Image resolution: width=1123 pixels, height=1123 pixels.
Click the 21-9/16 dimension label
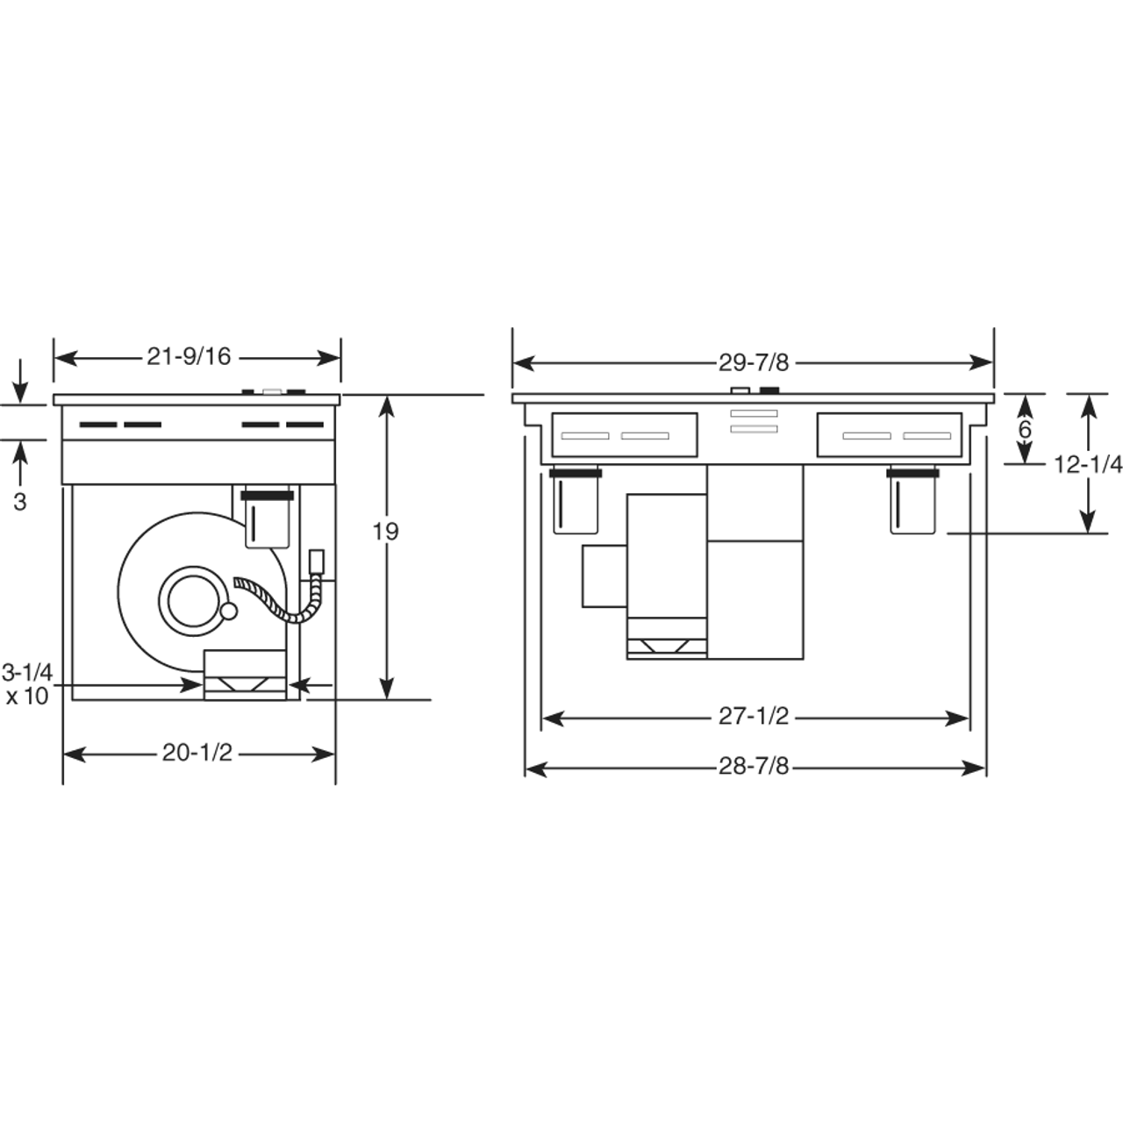coord(189,357)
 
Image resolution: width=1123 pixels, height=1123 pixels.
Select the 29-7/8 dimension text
coord(754,363)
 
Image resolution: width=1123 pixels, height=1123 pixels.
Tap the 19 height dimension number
coord(385,532)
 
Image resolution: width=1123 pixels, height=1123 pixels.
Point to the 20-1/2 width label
coord(197,754)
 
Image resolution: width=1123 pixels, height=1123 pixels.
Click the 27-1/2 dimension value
coord(754,716)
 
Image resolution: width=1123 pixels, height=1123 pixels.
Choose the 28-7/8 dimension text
coord(754,767)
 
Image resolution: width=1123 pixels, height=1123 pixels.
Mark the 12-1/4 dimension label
coord(1088,465)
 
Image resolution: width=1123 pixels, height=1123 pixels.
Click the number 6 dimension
coord(1025,430)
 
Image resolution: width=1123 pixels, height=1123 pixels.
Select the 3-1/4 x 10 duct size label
coord(27,684)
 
